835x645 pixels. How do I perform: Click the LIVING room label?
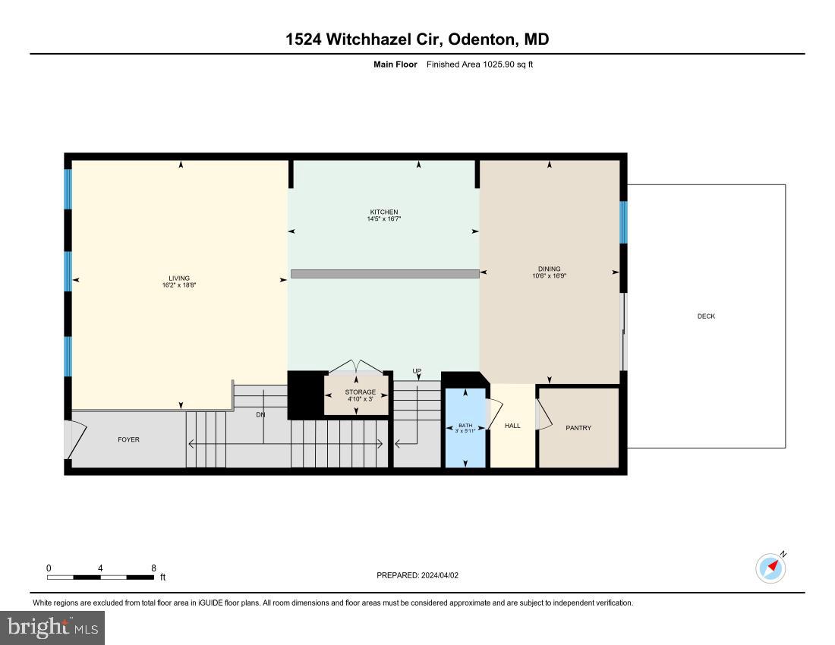click(179, 278)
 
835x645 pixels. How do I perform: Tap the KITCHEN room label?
click(383, 212)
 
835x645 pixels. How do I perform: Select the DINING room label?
click(549, 269)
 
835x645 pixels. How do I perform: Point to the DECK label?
click(706, 316)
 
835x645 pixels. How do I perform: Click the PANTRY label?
click(578, 428)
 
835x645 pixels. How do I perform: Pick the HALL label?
click(512, 426)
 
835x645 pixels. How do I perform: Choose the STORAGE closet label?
click(360, 392)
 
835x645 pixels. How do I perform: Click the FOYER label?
click(128, 439)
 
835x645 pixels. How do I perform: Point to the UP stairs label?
click(417, 371)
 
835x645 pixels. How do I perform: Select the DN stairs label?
click(260, 415)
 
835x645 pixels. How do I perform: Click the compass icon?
click(770, 568)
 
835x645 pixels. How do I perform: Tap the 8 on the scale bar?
click(153, 568)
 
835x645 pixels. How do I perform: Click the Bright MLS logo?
click(52, 628)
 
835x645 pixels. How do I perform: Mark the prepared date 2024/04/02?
click(440, 575)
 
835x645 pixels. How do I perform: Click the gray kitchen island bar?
click(385, 274)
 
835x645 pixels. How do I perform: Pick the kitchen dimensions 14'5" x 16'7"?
click(383, 219)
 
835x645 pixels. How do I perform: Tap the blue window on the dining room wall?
click(623, 222)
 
